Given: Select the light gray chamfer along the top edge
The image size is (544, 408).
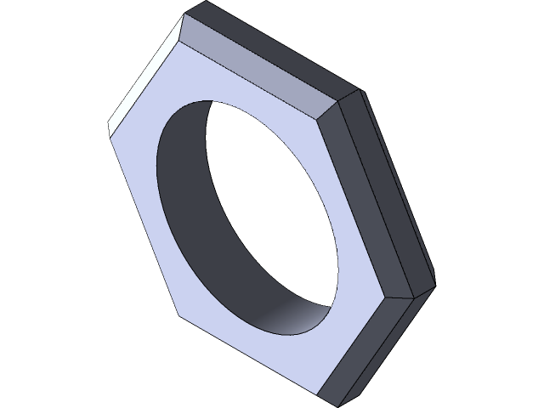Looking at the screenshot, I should click(255, 68).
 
